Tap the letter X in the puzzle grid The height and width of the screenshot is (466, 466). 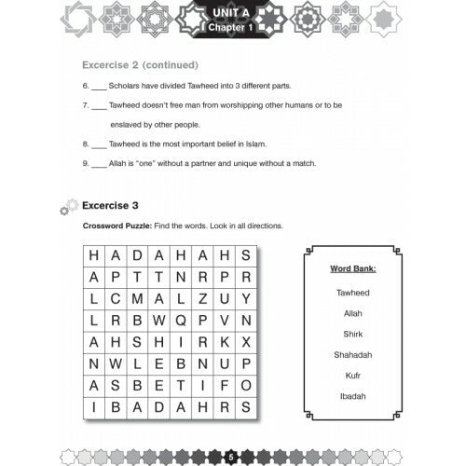point(246,341)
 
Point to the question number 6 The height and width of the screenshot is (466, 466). point(85,86)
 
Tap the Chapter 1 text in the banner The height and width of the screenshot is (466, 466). point(231,29)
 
